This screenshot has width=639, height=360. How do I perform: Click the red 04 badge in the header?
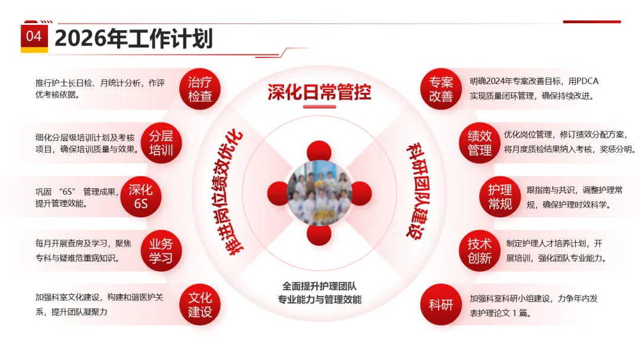pos(34,37)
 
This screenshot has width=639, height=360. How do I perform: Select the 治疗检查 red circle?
pos(200,89)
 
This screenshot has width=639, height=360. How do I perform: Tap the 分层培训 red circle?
pos(161,142)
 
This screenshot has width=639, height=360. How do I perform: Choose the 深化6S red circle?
pos(141,197)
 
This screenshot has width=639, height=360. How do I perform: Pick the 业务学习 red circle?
pos(161,250)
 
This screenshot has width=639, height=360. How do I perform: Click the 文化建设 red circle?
pos(200,304)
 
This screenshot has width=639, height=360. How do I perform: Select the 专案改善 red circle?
pos(441,89)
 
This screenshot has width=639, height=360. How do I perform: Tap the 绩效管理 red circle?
pos(480,143)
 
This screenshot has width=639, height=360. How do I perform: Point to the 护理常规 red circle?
pos(500,197)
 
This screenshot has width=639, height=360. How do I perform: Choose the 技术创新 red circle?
pos(480,251)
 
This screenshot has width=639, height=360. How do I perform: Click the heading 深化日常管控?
pos(319,92)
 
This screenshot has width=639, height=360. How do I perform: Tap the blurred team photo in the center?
pos(319,193)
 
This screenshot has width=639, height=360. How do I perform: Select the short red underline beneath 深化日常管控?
pos(319,107)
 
